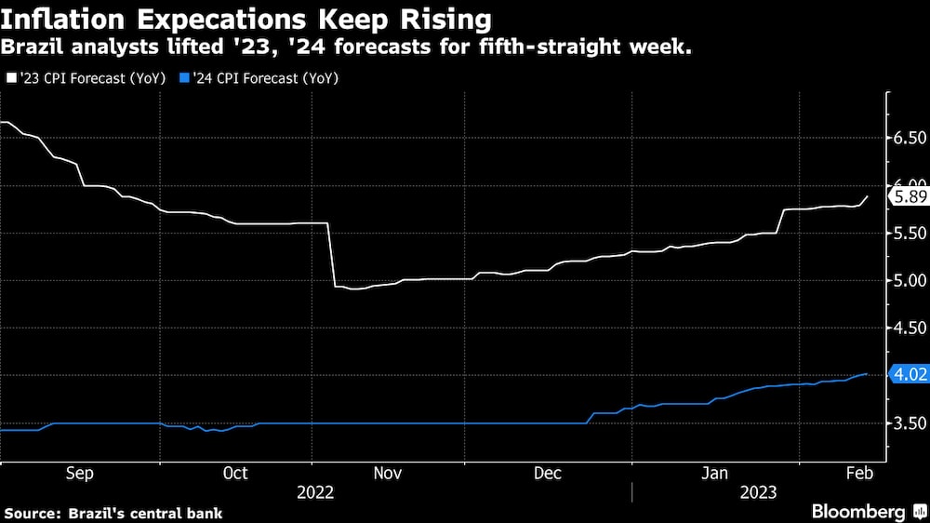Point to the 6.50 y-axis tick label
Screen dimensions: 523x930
click(x=909, y=138)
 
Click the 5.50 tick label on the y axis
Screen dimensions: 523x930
click(x=909, y=233)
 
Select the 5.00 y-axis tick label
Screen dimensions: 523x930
click(x=909, y=280)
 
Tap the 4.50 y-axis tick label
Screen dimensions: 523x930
click(x=909, y=328)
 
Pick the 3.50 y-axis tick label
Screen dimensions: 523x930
click(x=909, y=423)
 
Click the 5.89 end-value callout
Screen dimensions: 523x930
click(x=907, y=196)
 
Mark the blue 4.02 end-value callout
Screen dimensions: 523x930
click(x=907, y=375)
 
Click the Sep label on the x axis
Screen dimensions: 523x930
click(x=79, y=474)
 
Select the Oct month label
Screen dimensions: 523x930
click(x=236, y=474)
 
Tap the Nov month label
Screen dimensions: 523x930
click(x=388, y=474)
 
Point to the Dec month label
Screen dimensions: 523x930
click(x=547, y=474)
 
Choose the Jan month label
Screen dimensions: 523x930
click(x=713, y=474)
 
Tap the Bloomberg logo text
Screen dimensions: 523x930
click(x=858, y=511)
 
